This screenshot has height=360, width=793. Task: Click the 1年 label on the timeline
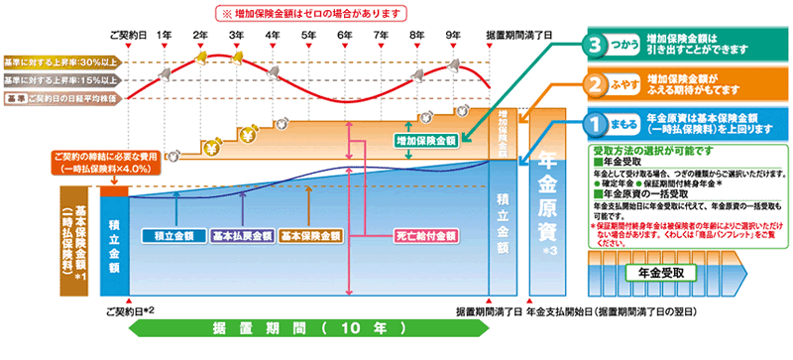[x=165, y=36]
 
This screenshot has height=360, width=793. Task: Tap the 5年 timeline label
[x=308, y=36]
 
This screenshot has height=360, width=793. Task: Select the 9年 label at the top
[x=453, y=36]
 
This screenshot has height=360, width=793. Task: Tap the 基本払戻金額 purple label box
[x=239, y=237]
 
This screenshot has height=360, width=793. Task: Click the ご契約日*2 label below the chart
[x=130, y=311]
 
